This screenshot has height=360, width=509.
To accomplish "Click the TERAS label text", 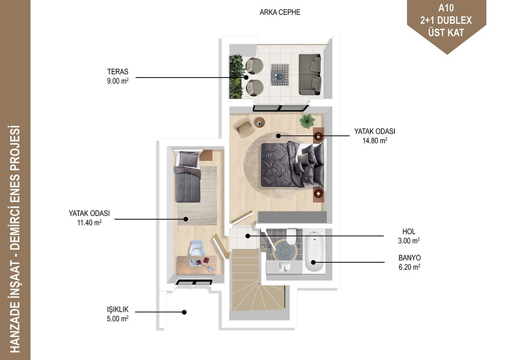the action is [118, 71].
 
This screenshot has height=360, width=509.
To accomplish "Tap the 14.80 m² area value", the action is [375, 140].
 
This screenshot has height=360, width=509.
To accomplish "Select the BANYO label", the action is [410, 258].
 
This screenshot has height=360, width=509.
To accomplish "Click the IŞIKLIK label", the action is [118, 310].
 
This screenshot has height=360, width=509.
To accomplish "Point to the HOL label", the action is [409, 232].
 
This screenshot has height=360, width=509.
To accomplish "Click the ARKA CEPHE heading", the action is [280, 12].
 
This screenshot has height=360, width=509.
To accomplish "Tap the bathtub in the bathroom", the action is [314, 252].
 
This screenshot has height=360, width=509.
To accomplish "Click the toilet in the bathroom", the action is [291, 236].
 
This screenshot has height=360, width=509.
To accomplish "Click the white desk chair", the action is [197, 248].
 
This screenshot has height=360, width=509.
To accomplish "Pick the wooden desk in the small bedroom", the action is [197, 265].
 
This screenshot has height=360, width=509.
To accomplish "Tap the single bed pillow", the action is [188, 158].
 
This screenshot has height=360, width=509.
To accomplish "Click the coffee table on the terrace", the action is [280, 75].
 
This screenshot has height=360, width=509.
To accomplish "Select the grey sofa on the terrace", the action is [310, 75].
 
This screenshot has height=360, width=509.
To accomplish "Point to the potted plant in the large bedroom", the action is [307, 121].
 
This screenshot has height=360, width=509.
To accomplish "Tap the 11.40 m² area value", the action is [89, 222].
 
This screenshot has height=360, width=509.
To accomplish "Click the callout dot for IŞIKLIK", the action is [184, 312].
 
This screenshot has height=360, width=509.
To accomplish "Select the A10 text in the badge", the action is [446, 8].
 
